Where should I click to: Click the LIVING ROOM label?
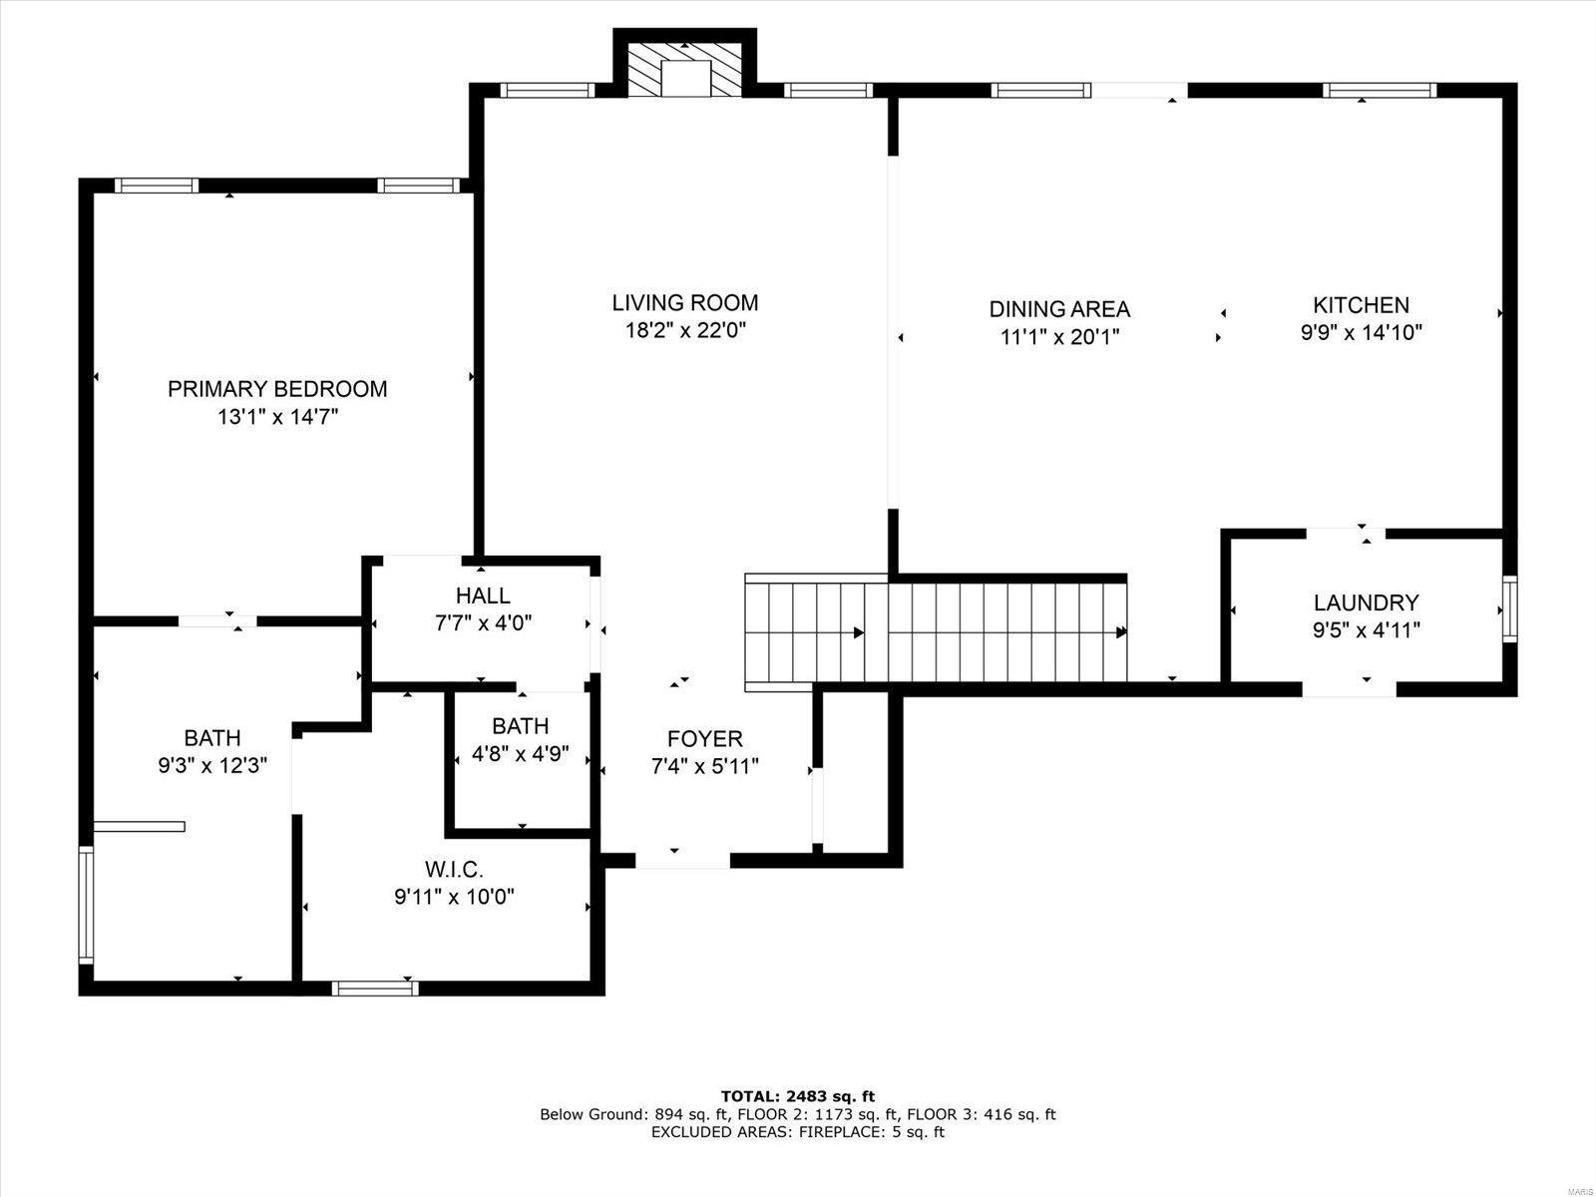pyautogui.click(x=685, y=302)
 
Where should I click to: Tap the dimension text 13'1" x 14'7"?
pyautogui.click(x=278, y=417)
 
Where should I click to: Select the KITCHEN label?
pyautogui.click(x=1362, y=304)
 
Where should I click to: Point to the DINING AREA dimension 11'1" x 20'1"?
pyautogui.click(x=1059, y=336)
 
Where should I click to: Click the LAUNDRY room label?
pyautogui.click(x=1367, y=602)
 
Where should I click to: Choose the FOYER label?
pyautogui.click(x=704, y=738)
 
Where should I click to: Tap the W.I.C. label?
pyautogui.click(x=454, y=869)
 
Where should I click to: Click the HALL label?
pyautogui.click(x=483, y=596)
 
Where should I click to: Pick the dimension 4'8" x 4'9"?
pyautogui.click(x=520, y=754)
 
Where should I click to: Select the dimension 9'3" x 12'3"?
pyautogui.click(x=212, y=765)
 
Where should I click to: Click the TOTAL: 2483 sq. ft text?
pyautogui.click(x=798, y=1096)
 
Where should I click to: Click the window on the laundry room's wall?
pyautogui.click(x=1510, y=609)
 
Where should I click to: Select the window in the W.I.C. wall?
pyautogui.click(x=375, y=989)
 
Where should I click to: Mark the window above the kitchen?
pyautogui.click(x=1380, y=90)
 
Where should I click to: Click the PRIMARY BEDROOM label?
pyautogui.click(x=277, y=389)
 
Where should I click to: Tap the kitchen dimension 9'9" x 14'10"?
pyautogui.click(x=1362, y=332)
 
